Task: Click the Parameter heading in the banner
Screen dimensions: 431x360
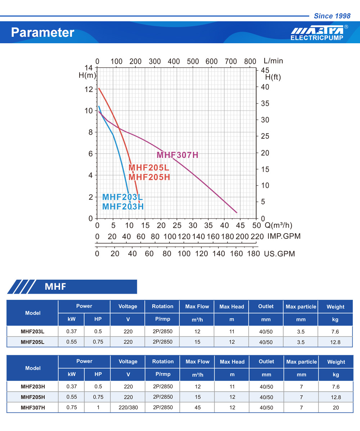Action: click(42, 32)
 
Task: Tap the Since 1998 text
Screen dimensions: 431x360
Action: click(332, 16)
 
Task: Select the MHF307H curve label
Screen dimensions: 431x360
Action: click(177, 155)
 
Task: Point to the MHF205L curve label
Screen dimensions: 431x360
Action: click(149, 168)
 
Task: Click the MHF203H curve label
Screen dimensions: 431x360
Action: click(123, 206)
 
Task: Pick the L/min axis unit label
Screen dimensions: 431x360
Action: click(273, 61)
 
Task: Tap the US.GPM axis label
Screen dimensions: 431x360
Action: click(279, 254)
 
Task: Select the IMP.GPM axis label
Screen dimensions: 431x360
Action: click(284, 236)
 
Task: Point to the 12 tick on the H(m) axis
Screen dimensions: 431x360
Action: click(89, 89)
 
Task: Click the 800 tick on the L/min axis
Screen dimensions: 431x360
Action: click(250, 61)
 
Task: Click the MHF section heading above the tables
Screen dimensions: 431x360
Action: click(55, 286)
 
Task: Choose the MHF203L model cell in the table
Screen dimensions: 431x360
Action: click(32, 332)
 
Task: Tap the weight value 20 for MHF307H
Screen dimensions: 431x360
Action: click(336, 408)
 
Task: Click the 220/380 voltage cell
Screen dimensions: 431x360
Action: click(128, 408)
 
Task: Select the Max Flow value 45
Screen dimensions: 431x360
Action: click(197, 408)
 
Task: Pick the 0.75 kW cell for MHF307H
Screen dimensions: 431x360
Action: click(71, 408)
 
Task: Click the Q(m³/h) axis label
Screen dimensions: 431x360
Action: click(278, 226)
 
